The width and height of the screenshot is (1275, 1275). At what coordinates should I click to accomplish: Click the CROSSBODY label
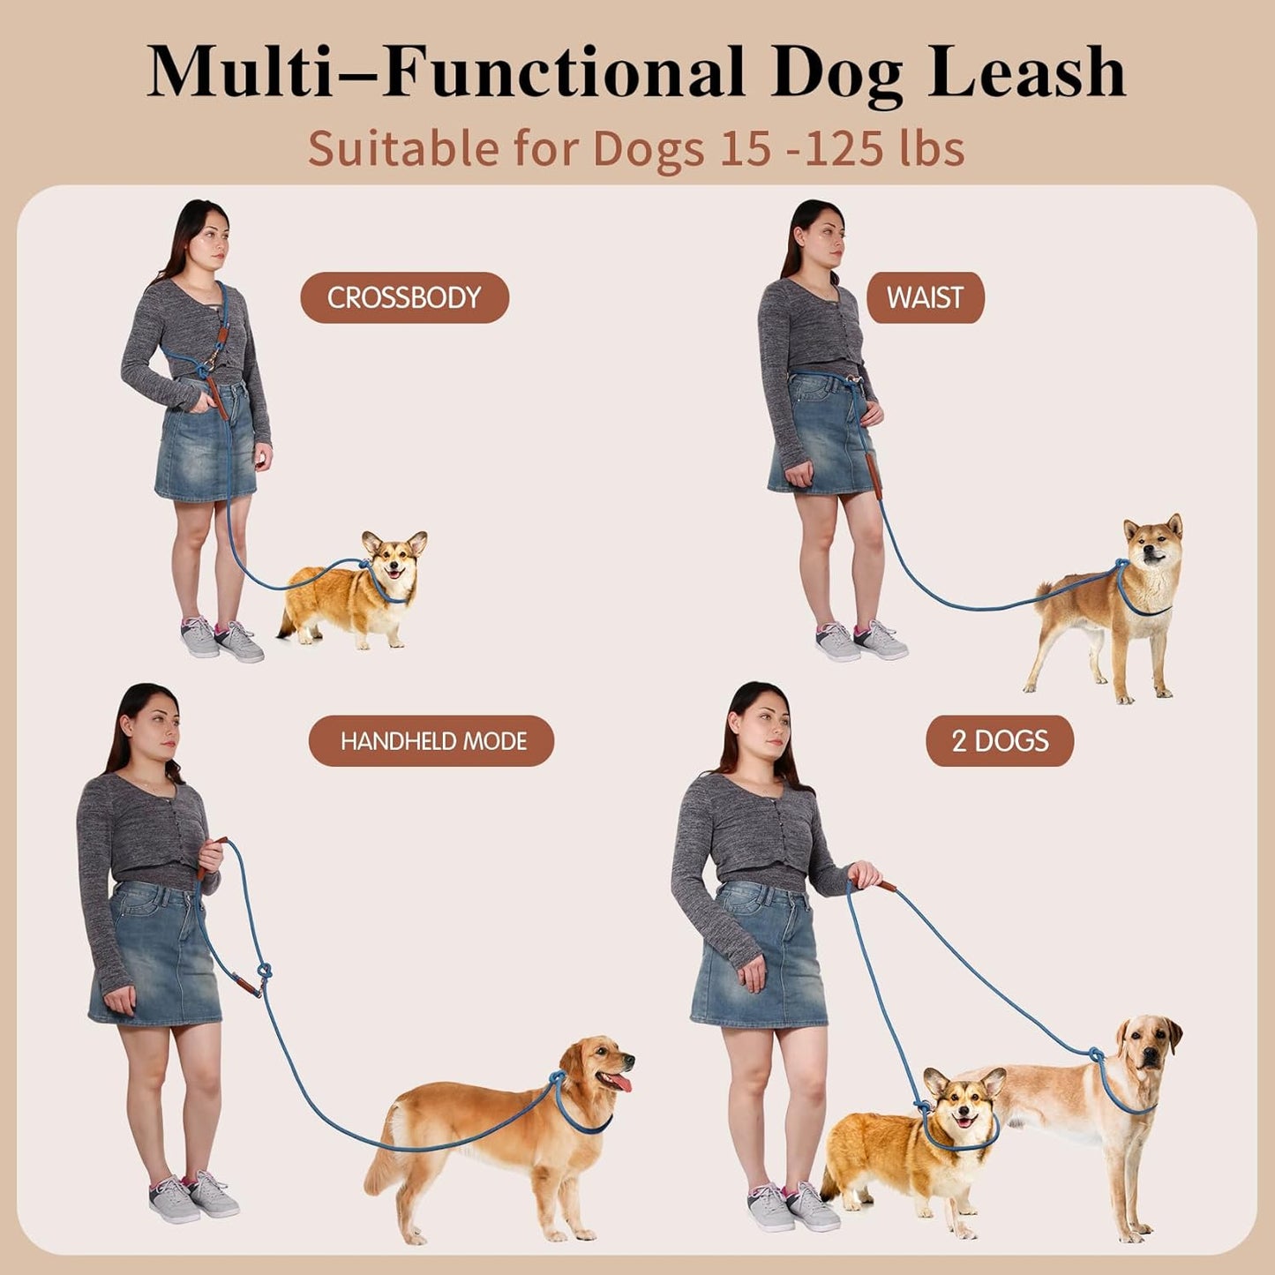click(404, 297)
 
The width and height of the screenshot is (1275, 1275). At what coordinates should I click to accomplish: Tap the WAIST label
click(924, 297)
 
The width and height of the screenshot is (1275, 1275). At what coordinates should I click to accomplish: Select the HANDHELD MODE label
click(431, 740)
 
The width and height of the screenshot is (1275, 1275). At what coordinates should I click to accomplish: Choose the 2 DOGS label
click(999, 740)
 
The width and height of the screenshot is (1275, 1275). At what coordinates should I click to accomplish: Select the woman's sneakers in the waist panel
click(860, 641)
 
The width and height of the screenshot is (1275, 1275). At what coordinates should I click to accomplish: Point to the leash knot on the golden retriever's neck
click(557, 1078)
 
